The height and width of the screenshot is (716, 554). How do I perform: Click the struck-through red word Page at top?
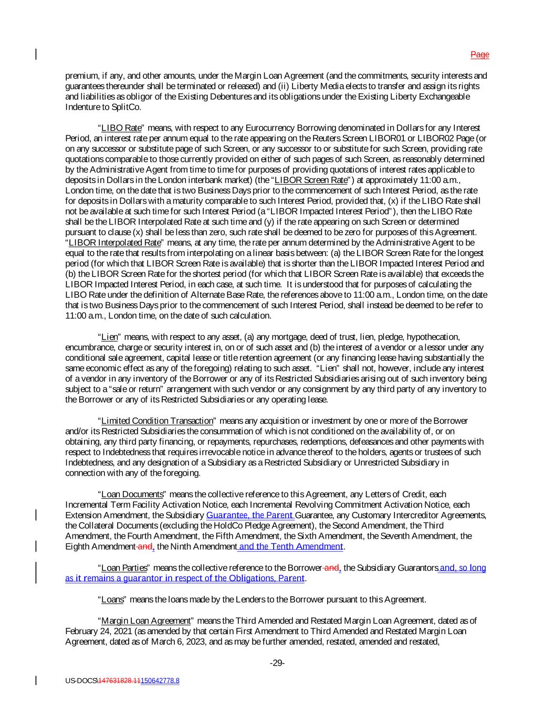click(x=479, y=55)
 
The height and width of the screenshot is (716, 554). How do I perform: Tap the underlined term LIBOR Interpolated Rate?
click(x=114, y=243)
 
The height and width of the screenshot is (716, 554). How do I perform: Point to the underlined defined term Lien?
click(x=109, y=337)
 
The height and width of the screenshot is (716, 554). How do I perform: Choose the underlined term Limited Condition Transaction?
click(x=157, y=421)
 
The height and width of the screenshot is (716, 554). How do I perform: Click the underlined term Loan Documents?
click(x=132, y=495)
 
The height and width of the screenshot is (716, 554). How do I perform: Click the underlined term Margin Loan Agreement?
click(x=145, y=621)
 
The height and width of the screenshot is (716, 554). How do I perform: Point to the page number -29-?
click(x=277, y=663)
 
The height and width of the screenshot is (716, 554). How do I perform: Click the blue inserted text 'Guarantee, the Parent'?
click(x=250, y=515)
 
